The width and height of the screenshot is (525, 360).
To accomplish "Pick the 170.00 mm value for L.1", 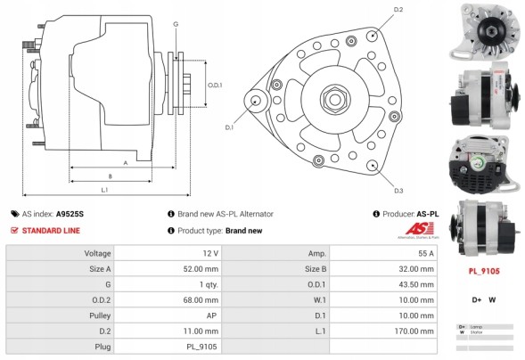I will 415,331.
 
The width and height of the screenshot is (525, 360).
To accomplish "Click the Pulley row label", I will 98,315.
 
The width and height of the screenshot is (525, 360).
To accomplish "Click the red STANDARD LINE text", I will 50,230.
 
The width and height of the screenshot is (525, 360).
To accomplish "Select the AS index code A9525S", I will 70,214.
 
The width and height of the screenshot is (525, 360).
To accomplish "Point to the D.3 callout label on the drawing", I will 398,191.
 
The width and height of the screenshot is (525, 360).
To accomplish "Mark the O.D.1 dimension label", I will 215,86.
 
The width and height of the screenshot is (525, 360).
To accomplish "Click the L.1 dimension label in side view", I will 104,189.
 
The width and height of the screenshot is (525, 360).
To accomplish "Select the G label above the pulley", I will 176,23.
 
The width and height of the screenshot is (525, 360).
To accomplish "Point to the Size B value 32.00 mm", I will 417,268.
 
